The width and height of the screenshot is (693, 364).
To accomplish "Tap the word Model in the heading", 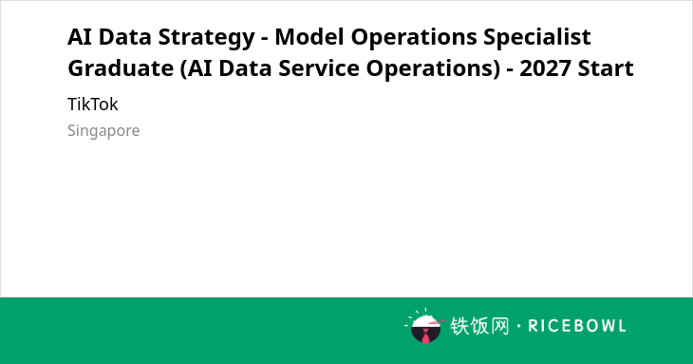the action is click(x=309, y=37).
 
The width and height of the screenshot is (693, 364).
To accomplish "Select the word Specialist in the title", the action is click(x=537, y=38).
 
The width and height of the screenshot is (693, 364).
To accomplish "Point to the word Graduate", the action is click(x=121, y=68).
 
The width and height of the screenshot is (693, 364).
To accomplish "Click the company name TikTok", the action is click(x=93, y=105).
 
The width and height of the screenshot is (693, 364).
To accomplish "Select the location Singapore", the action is click(x=103, y=131).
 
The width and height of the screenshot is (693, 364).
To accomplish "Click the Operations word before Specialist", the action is click(x=414, y=38).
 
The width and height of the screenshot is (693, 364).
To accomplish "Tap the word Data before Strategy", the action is click(x=124, y=37).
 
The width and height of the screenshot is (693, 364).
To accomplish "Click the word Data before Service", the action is click(x=245, y=68).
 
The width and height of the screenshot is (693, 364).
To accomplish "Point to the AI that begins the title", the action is click(x=79, y=37).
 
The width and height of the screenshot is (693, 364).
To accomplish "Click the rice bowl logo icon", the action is click(x=424, y=326).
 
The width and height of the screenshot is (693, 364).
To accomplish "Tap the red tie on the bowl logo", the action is click(x=425, y=336).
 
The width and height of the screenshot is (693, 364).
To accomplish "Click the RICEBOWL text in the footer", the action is click(x=577, y=326).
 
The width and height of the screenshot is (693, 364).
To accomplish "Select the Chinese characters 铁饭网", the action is click(x=479, y=326).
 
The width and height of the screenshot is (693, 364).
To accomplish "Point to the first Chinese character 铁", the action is click(x=459, y=326).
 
